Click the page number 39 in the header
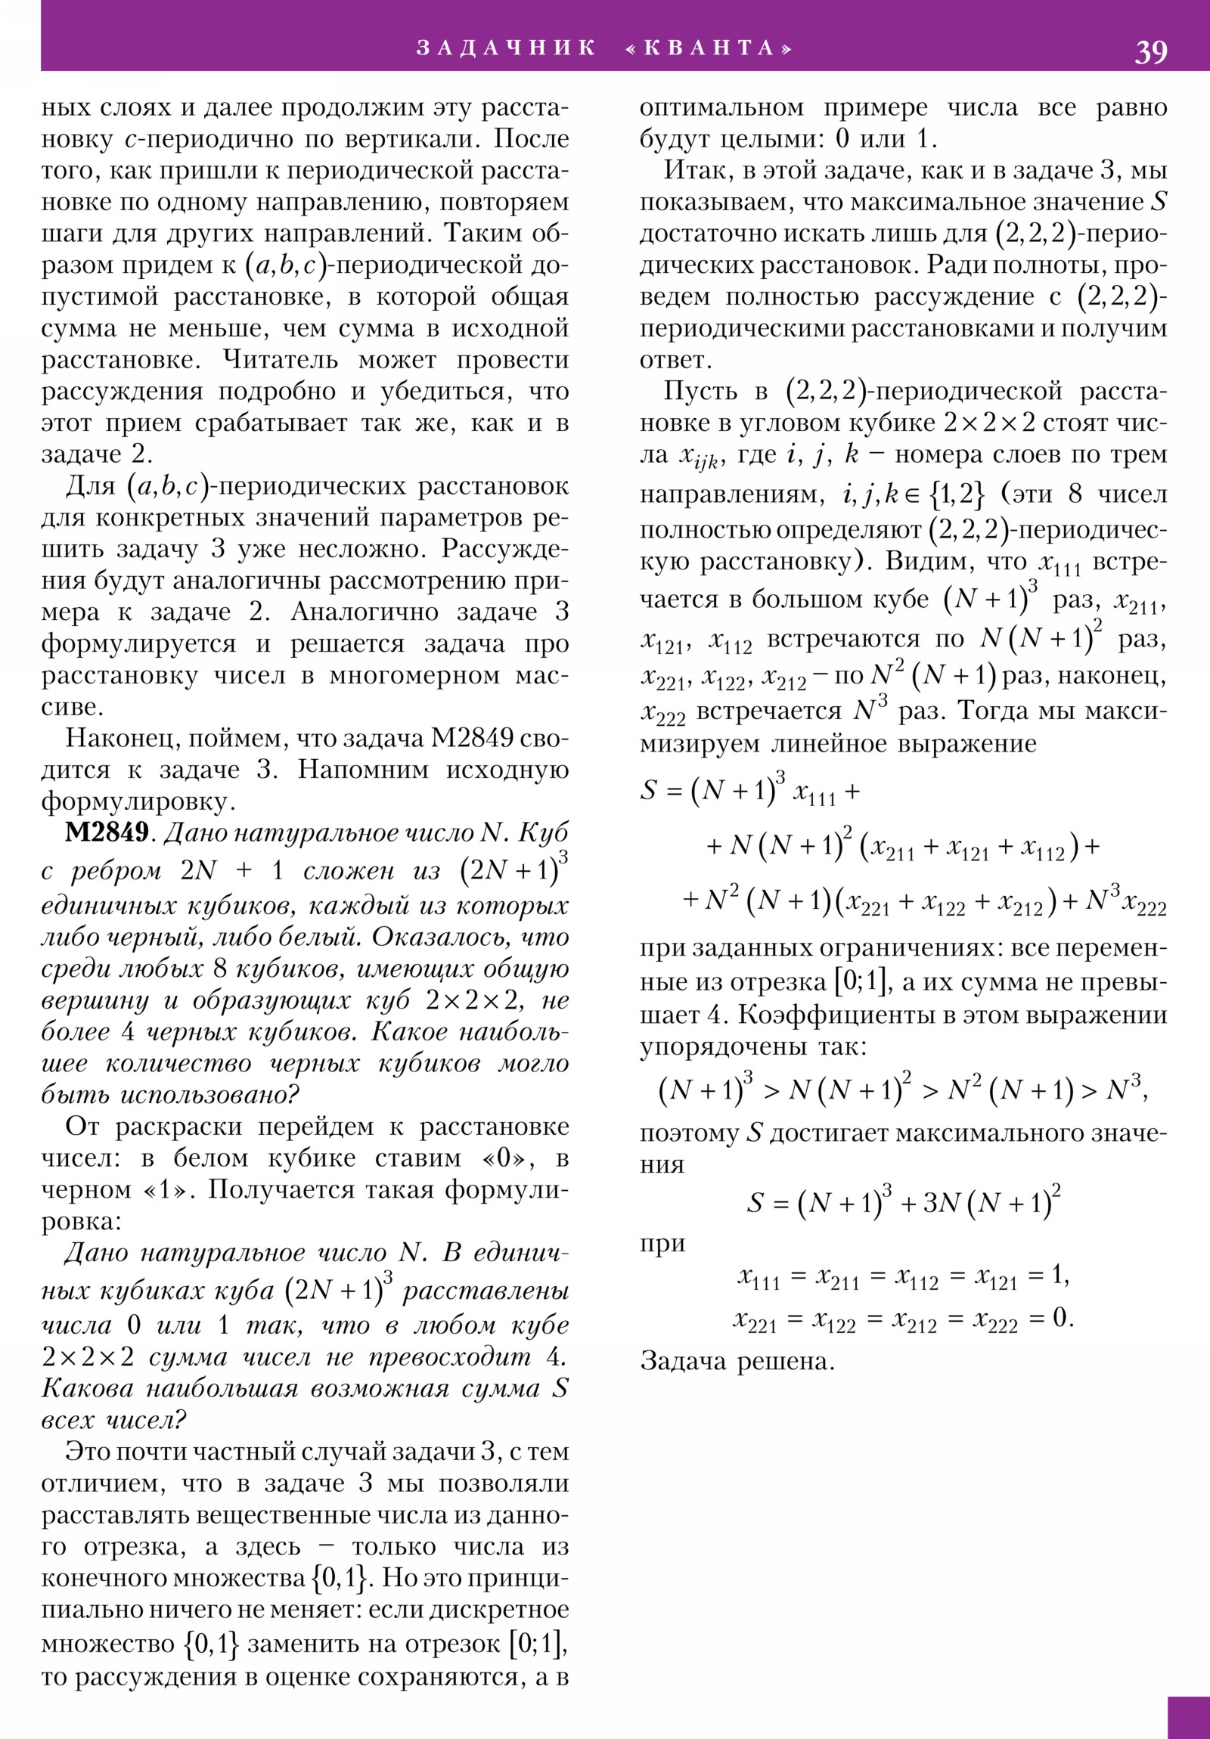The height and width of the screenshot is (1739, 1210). [x=1150, y=52]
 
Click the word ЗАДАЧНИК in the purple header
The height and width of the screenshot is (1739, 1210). [x=506, y=48]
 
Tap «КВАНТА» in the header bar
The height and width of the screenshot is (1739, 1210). [x=709, y=48]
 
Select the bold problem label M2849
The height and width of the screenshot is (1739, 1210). [x=106, y=833]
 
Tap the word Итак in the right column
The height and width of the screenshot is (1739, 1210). [x=698, y=170]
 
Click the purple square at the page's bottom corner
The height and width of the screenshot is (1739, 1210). [x=1188, y=1717]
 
